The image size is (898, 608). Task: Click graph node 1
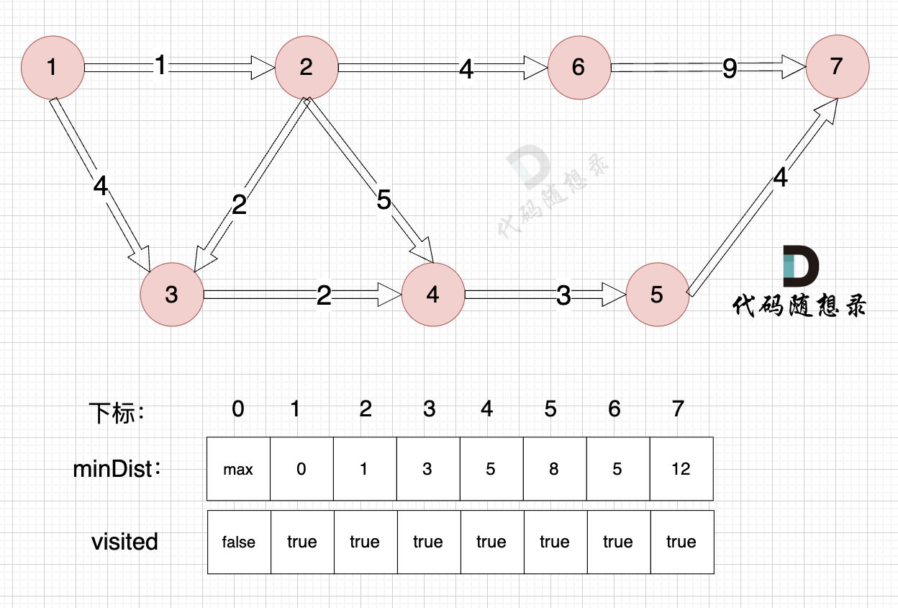point(53,68)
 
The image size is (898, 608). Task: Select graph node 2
point(307,68)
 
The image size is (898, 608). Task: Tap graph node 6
point(579,68)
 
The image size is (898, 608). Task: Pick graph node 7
point(837,66)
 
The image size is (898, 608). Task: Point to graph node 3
point(171,295)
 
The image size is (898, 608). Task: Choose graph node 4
point(432,295)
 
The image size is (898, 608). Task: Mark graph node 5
point(657,295)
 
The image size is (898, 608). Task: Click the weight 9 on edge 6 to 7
point(730,68)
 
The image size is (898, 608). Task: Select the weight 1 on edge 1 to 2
point(160,66)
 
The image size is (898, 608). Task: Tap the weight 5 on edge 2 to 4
point(384,201)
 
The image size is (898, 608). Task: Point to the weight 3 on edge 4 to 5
point(563,295)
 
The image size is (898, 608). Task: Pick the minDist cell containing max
point(238,469)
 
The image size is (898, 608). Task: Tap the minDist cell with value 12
point(681,469)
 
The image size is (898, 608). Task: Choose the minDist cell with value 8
point(554,469)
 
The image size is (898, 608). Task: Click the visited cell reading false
point(238,542)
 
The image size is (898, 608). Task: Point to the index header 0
point(238,409)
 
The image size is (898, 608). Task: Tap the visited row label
point(124,542)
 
